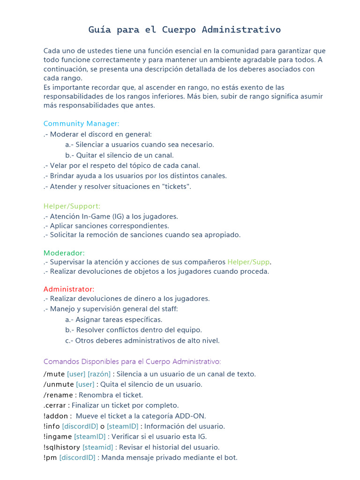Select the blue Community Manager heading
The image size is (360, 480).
pyautogui.click(x=82, y=123)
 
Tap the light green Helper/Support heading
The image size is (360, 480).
pyautogui.click(x=72, y=206)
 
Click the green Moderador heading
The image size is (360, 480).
pyautogui.click(x=64, y=253)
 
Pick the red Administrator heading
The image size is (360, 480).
pyautogui.click(x=69, y=289)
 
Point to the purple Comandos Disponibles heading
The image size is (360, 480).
pyautogui.click(x=132, y=361)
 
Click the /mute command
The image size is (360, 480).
pyautogui.click(x=54, y=374)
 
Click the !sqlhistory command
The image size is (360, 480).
pyautogui.click(x=62, y=447)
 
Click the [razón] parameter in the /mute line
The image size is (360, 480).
pyautogui.click(x=99, y=374)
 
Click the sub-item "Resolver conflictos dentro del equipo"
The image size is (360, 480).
pyautogui.click(x=134, y=330)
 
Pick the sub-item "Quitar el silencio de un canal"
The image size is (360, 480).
pyautogui.click(x=120, y=155)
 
